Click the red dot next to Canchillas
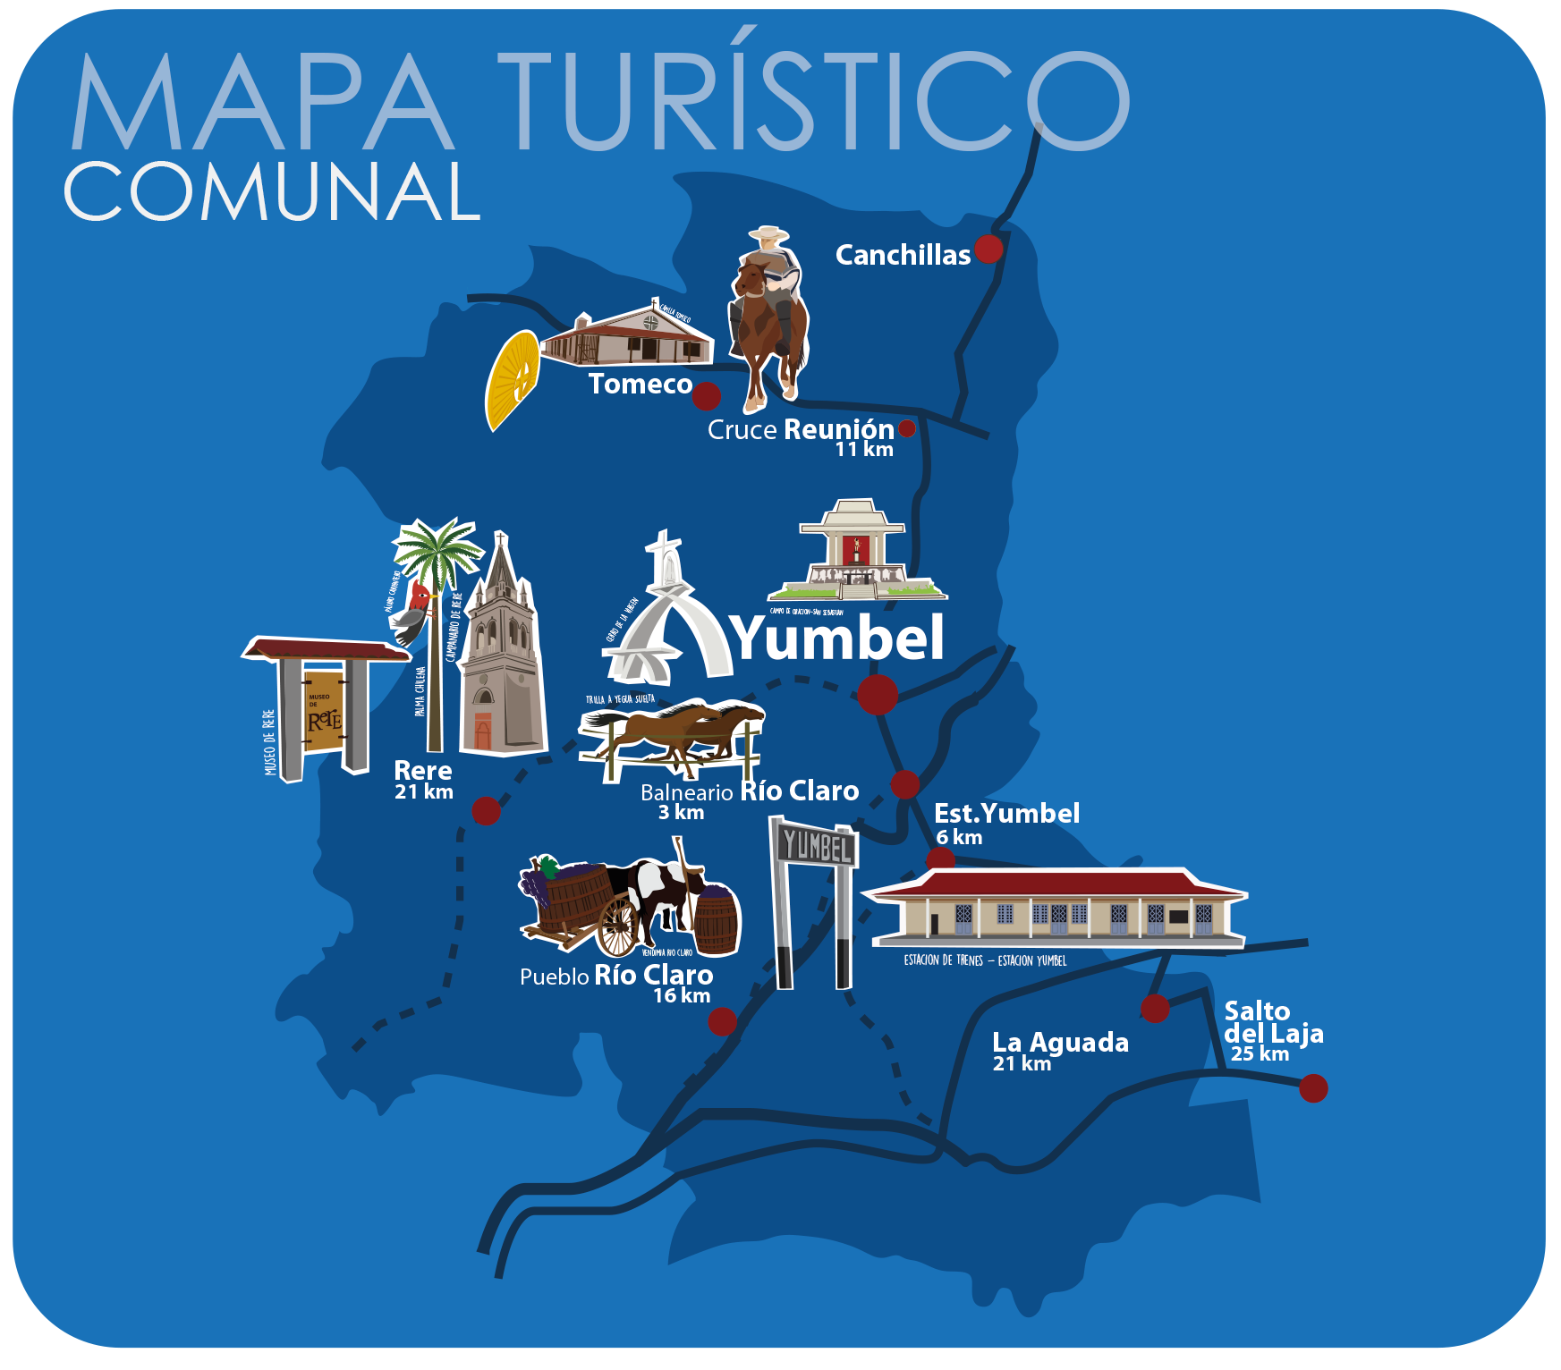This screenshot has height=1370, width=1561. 988,249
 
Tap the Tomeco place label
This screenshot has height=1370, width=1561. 640,385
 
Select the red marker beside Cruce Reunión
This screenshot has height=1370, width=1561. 906,429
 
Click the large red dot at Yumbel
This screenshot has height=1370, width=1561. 878,695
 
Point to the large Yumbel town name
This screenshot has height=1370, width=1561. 838,638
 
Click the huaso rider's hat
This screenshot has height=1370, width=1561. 768,234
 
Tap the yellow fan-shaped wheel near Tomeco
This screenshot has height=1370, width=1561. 512,380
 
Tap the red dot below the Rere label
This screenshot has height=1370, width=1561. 486,811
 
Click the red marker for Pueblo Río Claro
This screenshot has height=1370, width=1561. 722,1021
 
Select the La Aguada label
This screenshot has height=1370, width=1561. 1060,1043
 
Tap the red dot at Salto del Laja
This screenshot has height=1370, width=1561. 1312,1088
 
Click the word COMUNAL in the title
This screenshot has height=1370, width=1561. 273,192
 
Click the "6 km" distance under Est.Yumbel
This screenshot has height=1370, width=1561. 959,838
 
